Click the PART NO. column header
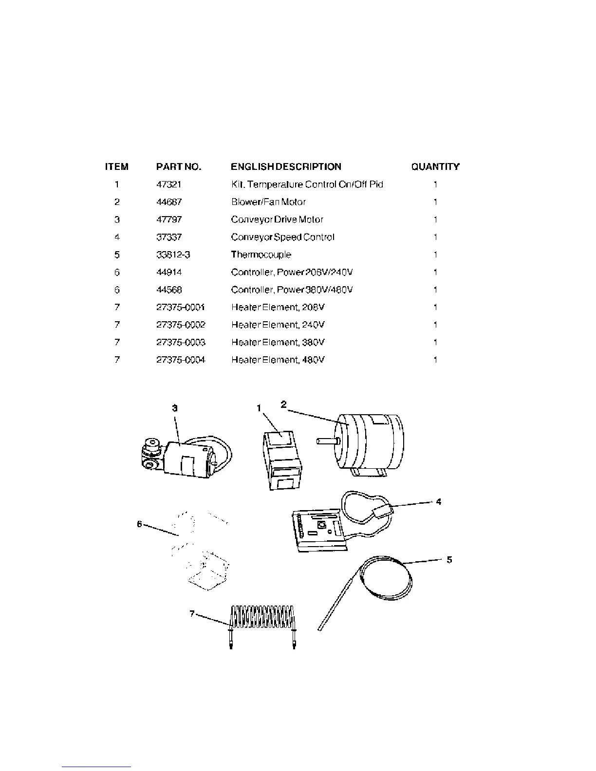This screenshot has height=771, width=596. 178,167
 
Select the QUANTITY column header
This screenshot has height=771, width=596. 435,167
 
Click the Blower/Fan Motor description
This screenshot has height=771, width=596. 268,202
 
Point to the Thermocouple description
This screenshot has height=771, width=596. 261,255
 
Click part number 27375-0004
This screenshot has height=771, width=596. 181,360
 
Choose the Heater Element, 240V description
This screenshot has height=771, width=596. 278,325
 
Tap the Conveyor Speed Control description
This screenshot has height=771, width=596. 282,237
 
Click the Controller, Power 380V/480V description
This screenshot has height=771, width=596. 292,290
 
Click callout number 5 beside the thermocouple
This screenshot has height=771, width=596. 449,560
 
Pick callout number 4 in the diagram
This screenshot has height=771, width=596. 439,501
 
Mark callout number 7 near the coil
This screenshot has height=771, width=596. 193,614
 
